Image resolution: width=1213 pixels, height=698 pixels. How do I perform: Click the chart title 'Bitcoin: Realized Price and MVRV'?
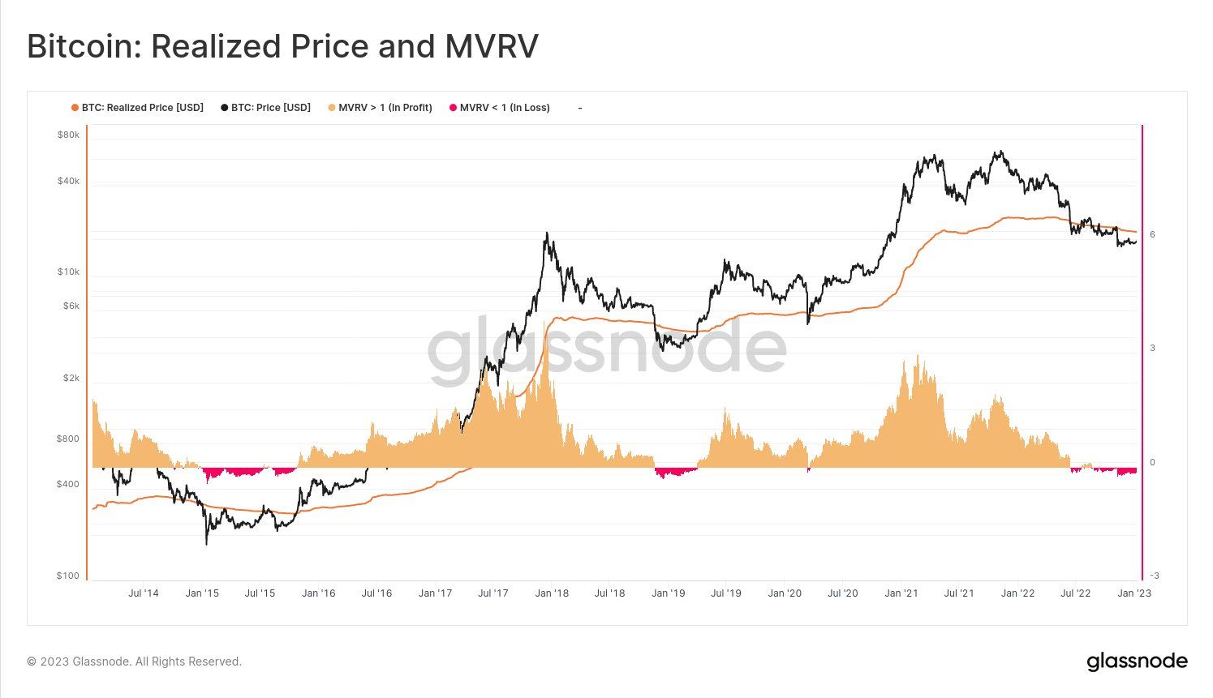(282, 47)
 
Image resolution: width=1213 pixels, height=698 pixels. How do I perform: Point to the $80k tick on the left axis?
(68, 135)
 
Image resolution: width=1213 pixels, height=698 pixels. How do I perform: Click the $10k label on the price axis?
(68, 272)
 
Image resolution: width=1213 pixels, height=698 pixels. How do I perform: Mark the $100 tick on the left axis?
(68, 576)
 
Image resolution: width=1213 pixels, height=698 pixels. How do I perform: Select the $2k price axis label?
(71, 378)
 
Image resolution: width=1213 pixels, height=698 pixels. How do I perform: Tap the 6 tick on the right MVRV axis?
(1152, 234)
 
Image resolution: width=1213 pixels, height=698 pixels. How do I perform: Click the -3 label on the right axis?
(1154, 576)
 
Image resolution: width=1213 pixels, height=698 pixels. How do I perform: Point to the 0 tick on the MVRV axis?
(1152, 462)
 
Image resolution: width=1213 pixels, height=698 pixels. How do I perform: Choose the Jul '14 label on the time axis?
(144, 593)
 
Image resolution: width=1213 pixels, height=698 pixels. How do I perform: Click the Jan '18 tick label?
(551, 593)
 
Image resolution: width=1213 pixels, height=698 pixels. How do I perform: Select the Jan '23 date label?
(1133, 593)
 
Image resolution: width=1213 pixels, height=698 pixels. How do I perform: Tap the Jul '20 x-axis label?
(842, 593)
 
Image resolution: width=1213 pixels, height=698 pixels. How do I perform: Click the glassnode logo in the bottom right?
(1137, 662)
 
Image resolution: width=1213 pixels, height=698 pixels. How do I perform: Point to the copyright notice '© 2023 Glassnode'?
(134, 662)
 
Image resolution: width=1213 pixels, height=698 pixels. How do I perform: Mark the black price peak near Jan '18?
(547, 234)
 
